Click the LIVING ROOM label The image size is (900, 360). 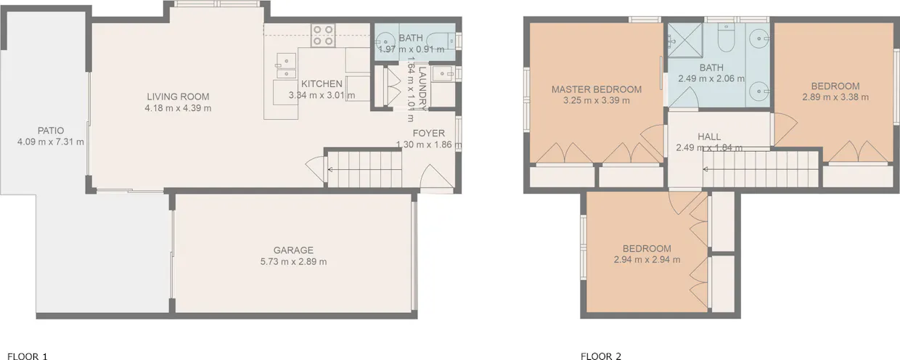[178, 97]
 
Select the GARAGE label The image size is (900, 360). [294, 250]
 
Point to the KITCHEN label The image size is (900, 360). [322, 83]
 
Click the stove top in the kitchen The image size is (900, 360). [324, 35]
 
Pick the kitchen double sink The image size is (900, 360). [286, 65]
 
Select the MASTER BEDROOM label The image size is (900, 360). [597, 89]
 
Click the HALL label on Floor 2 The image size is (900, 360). [709, 136]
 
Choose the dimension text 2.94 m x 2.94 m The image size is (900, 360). [647, 259]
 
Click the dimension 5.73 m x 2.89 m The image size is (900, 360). [294, 262]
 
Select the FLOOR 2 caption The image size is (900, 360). [601, 356]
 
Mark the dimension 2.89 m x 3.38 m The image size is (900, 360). [835, 97]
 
